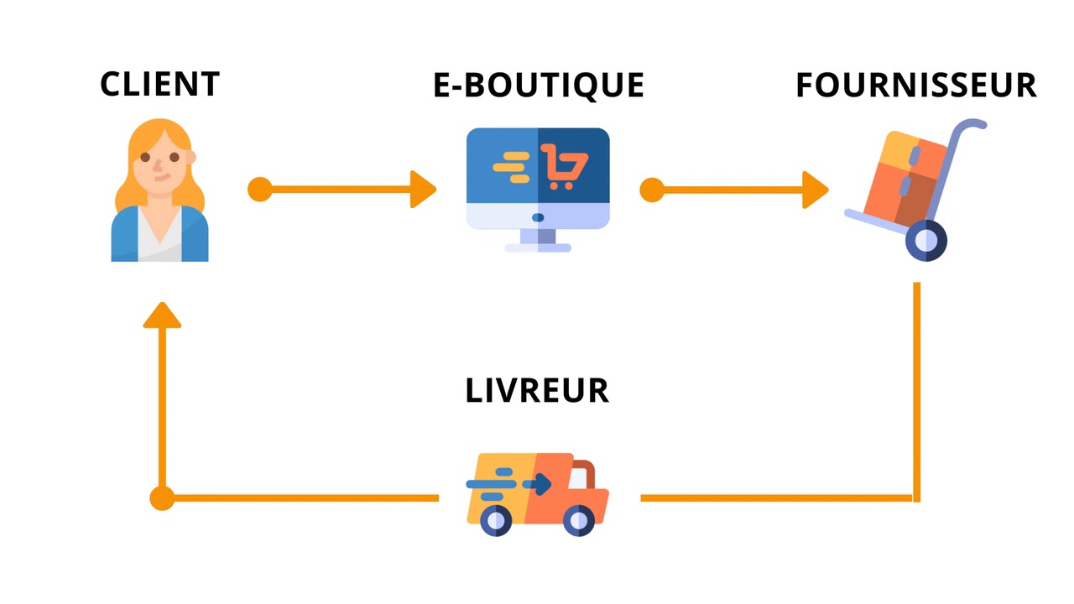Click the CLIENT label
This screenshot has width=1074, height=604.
coord(159,84)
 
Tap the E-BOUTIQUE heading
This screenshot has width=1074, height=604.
coord(538,85)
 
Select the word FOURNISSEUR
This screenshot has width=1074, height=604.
coord(915,85)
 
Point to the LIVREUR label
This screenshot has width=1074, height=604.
coord(537,391)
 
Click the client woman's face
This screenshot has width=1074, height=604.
coord(159,164)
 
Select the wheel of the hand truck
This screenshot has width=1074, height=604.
coord(925,240)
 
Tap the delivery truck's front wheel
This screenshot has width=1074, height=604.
coord(579,521)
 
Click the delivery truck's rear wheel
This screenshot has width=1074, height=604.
coord(496,521)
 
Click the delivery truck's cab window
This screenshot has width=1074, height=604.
coord(578,476)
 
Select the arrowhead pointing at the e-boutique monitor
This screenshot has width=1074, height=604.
coord(424,190)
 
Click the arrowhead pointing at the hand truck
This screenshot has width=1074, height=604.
coord(815,190)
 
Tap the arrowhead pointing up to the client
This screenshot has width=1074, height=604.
coord(162,315)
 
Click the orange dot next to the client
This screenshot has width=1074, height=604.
coord(260,190)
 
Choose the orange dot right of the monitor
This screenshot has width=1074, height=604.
coord(651,190)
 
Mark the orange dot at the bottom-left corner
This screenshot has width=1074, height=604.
coord(162,498)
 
